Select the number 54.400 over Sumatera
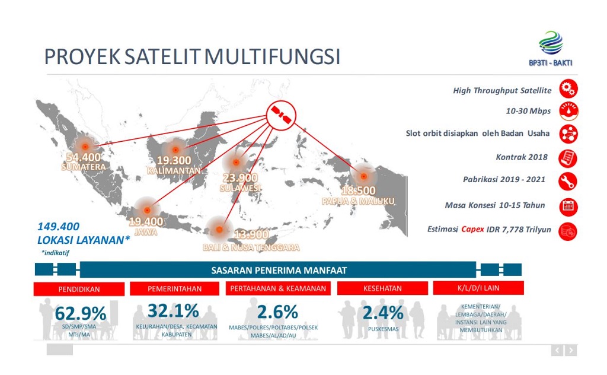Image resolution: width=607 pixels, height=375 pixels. (84, 157)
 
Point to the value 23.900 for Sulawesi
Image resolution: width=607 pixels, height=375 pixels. (240, 177)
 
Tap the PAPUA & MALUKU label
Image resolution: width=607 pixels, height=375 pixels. (359, 201)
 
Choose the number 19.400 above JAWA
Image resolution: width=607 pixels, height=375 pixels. (145, 222)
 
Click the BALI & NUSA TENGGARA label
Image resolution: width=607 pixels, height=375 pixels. (251, 247)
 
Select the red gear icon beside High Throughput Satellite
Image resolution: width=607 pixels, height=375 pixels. (568, 91)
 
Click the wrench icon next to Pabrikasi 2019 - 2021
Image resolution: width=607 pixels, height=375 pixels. (568, 180)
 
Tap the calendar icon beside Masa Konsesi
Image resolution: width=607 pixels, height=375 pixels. (568, 206)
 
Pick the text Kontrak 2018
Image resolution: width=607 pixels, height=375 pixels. (521, 157)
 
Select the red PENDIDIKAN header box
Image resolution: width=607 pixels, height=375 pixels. (79, 289)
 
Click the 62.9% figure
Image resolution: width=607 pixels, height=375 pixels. (81, 313)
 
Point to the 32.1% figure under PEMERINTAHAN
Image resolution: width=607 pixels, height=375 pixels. (173, 311)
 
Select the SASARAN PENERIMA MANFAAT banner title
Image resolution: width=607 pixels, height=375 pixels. (279, 270)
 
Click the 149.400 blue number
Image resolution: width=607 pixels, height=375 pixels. (58, 226)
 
